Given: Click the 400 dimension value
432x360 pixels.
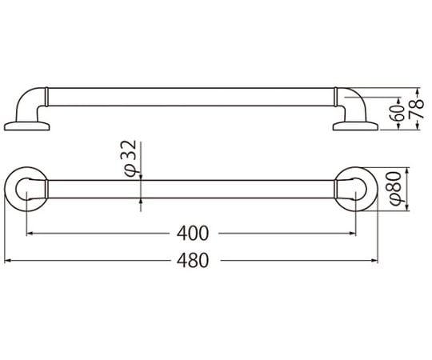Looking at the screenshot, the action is [193, 234].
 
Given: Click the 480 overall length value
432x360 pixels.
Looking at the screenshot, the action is [193, 261].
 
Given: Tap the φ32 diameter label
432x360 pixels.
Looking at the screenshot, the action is [130, 158].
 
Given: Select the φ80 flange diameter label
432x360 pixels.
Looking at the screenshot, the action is [395, 189].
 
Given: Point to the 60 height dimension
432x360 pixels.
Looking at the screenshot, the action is [398, 113].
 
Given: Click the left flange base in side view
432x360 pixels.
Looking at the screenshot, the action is [26, 126].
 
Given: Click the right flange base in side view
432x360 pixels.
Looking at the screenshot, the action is [355, 126].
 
